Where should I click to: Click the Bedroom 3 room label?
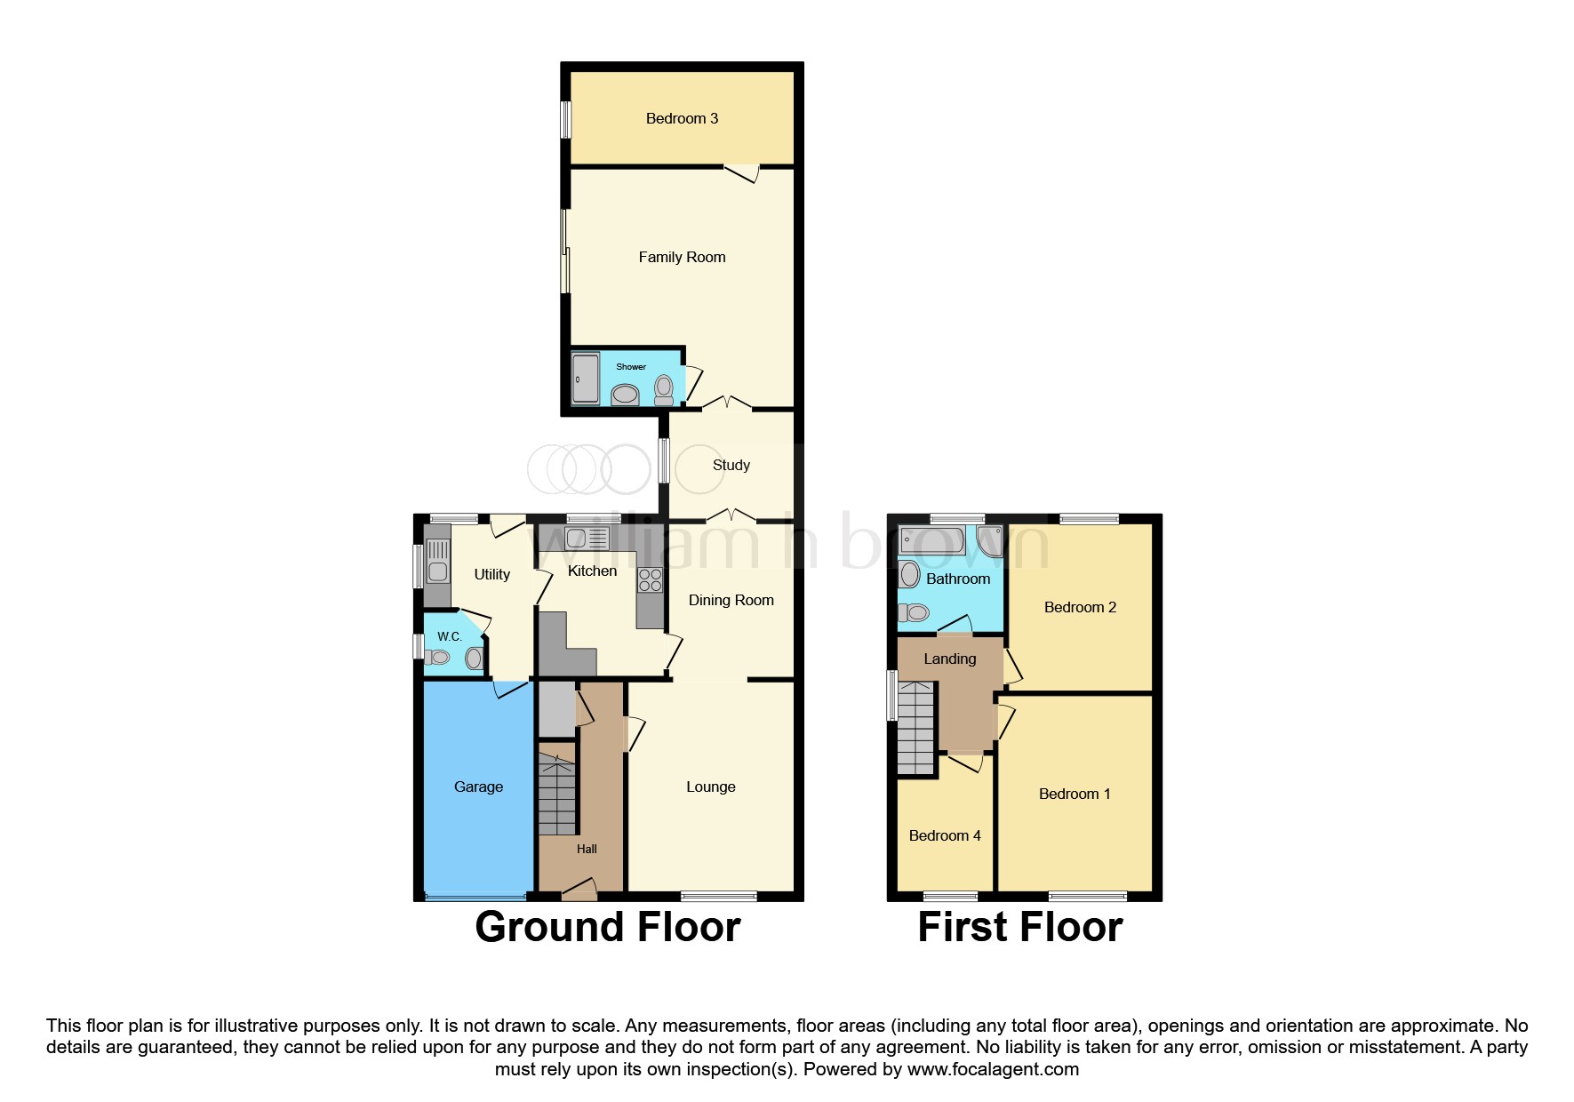pyautogui.click(x=682, y=118)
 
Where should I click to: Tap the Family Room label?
pyautogui.click(x=682, y=257)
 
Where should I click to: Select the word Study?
pyautogui.click(x=731, y=465)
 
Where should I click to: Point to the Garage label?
pyautogui.click(x=478, y=787)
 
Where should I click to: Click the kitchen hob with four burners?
pyautogui.click(x=650, y=580)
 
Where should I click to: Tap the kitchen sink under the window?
pyautogui.click(x=586, y=538)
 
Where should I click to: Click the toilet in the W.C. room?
pyautogui.click(x=435, y=658)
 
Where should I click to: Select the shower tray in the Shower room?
pyautogui.click(x=586, y=379)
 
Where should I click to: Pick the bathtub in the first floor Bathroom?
pyautogui.click(x=931, y=539)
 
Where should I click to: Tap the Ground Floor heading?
pyautogui.click(x=607, y=927)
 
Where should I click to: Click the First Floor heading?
pyautogui.click(x=1019, y=927)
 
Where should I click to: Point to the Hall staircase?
pyautogui.click(x=557, y=794)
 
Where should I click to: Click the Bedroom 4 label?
pyautogui.click(x=945, y=835)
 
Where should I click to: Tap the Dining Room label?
pyautogui.click(x=731, y=600)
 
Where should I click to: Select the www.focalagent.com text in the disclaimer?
pyautogui.click(x=993, y=1069)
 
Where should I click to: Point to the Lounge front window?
pyautogui.click(x=719, y=895)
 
